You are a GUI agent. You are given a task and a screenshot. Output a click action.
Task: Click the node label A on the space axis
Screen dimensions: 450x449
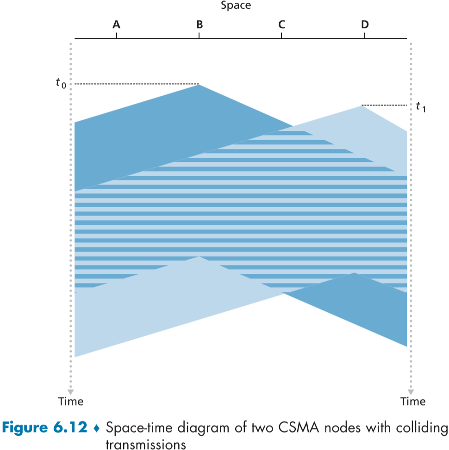pos(117,24)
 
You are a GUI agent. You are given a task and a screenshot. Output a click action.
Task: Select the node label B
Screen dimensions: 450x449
pos(200,24)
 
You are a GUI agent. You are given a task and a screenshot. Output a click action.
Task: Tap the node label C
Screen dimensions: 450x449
pos(281,24)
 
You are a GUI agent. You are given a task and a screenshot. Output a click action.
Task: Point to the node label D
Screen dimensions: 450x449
pos(364,24)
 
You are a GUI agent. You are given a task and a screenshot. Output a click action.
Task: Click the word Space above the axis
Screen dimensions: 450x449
pos(236,6)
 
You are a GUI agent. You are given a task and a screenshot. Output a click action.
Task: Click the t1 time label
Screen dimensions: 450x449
pos(420,107)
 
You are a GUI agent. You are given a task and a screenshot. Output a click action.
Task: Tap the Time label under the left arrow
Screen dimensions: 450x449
pos(71,401)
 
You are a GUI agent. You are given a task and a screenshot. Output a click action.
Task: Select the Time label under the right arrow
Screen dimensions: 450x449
pos(413,401)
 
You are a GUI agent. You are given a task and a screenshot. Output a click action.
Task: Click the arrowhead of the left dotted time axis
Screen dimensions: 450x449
pos(71,390)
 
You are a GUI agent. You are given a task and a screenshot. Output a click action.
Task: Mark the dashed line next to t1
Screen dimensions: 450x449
pos(384,105)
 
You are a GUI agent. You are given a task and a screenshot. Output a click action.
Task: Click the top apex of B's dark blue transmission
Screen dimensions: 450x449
pos(199,85)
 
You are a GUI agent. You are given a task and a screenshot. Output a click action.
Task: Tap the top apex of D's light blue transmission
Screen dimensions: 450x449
pos(361,106)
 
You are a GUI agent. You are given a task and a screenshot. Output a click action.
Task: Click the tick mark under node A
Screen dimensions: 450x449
pos(117,36)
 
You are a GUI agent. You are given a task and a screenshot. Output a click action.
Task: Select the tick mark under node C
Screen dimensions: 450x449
pos(281,36)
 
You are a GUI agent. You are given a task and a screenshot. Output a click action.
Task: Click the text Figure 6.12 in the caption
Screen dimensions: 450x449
pos(45,427)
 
